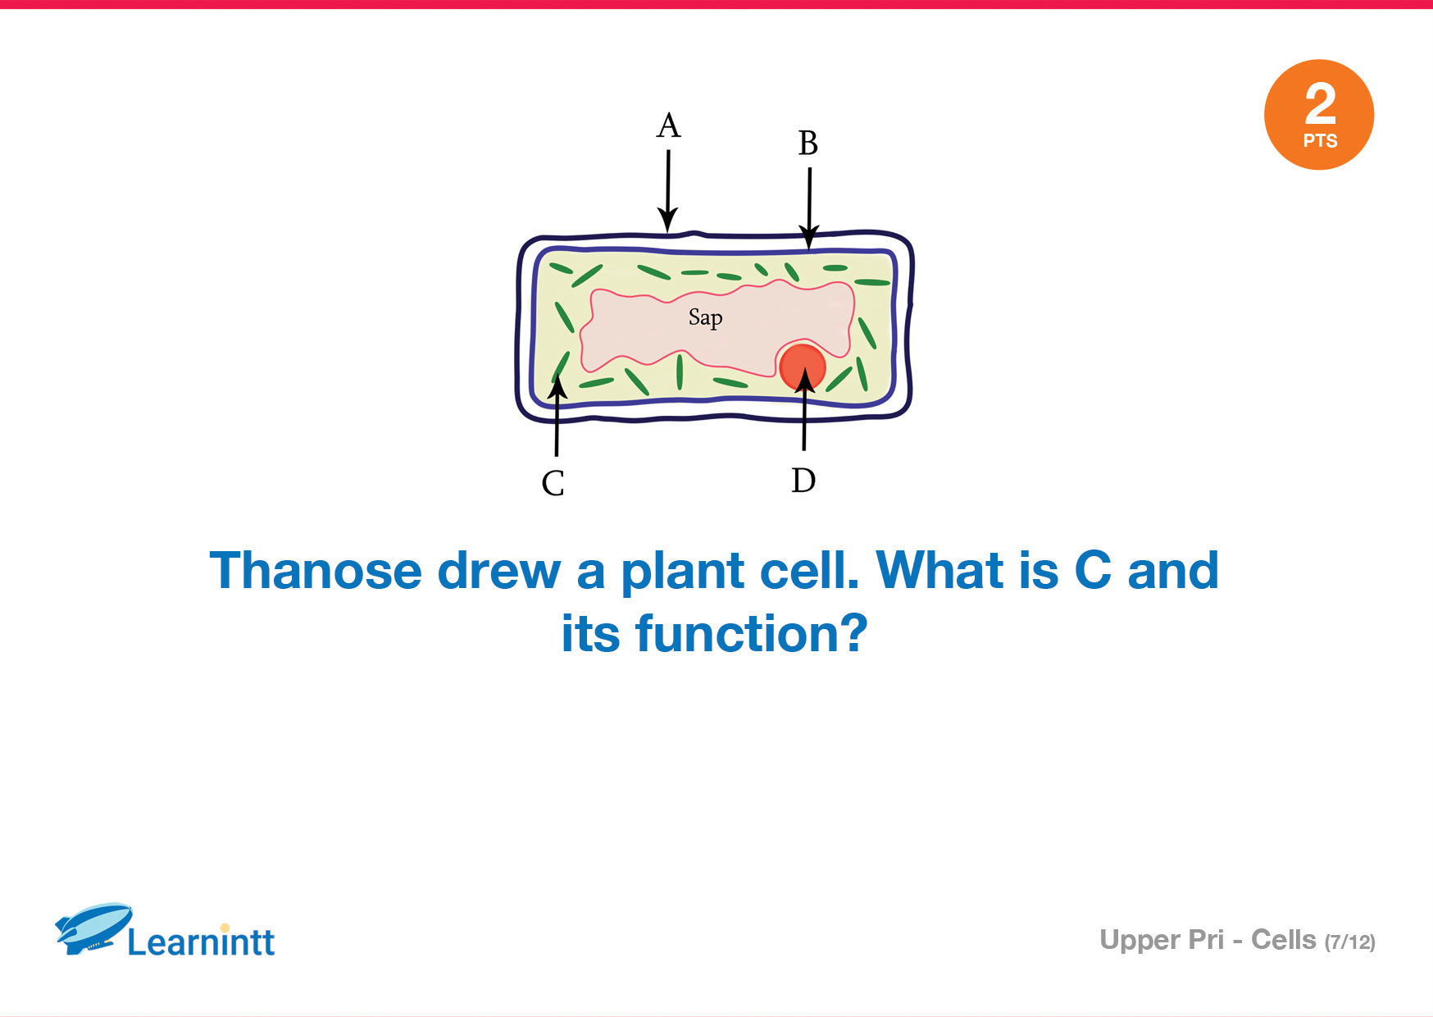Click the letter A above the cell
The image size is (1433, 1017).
click(x=669, y=125)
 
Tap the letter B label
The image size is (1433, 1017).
click(x=808, y=143)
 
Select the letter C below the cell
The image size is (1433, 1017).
click(x=553, y=483)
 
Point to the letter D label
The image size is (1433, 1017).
click(x=803, y=480)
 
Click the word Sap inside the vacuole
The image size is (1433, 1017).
click(x=706, y=318)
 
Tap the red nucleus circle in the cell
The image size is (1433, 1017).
click(x=803, y=366)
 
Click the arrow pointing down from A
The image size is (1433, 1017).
click(x=668, y=191)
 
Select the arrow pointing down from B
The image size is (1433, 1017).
click(x=809, y=208)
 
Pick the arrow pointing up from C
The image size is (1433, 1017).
click(x=557, y=415)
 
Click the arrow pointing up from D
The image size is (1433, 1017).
click(x=804, y=408)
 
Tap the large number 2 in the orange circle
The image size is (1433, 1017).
click(x=1320, y=104)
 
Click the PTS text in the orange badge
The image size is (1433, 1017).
click(x=1320, y=141)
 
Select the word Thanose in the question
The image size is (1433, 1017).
click(x=316, y=571)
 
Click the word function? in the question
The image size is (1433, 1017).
click(x=751, y=634)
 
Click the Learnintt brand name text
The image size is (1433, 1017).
click(x=201, y=942)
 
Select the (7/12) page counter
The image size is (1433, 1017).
click(x=1350, y=942)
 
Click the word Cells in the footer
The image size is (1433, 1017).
click(x=1284, y=940)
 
